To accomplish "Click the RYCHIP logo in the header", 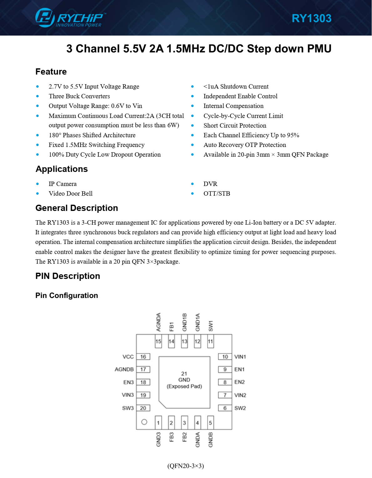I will (x=70, y=18).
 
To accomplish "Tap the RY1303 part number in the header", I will (x=311, y=18).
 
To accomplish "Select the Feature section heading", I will (x=51, y=72).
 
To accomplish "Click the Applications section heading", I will (x=62, y=169).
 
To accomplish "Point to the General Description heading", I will (x=77, y=208).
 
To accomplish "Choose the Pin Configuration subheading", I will (x=67, y=295).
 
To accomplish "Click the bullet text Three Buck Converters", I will (x=79, y=96).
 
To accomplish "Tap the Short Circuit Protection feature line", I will (x=235, y=125).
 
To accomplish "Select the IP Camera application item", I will (x=63, y=184).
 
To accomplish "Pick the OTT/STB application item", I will (x=217, y=193).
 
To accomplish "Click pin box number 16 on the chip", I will (x=143, y=357).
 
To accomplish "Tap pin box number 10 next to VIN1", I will (x=225, y=357).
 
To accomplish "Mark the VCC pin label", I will (x=128, y=357).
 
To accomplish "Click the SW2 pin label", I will (x=240, y=408).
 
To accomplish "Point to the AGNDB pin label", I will (x=124, y=369).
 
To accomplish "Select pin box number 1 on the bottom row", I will (x=158, y=423).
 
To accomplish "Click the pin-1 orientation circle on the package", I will (x=144, y=422).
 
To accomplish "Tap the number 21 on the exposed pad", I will (x=184, y=373).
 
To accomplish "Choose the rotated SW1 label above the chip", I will (x=211, y=326).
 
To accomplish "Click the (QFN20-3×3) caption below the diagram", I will (x=186, y=466).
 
